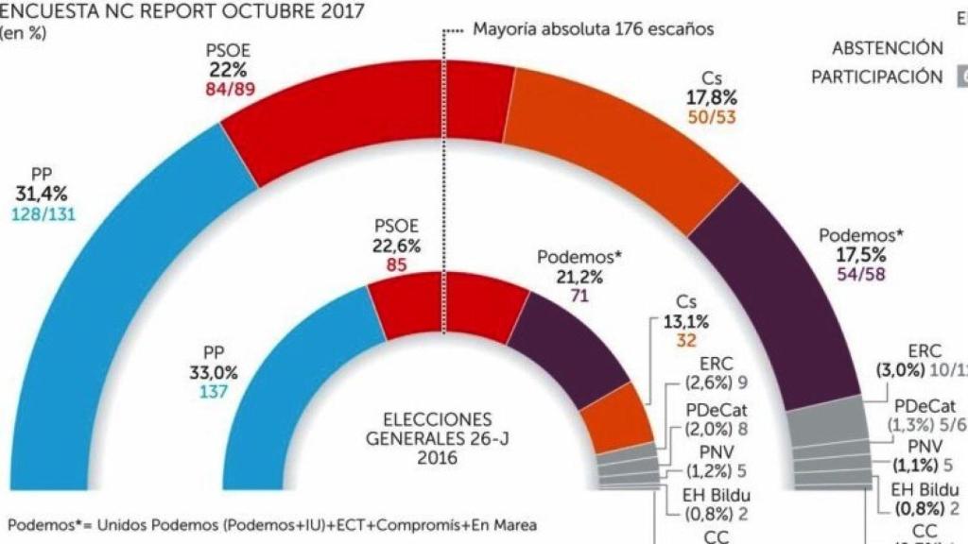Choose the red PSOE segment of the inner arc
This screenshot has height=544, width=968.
pyautogui.click(x=444, y=302)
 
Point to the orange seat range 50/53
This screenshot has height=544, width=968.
pyautogui.click(x=711, y=118)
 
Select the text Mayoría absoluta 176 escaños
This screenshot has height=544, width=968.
pyautogui.click(x=593, y=29)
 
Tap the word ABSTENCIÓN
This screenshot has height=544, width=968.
pyautogui.click(x=887, y=48)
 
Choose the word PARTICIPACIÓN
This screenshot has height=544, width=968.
pyautogui.click(x=876, y=77)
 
